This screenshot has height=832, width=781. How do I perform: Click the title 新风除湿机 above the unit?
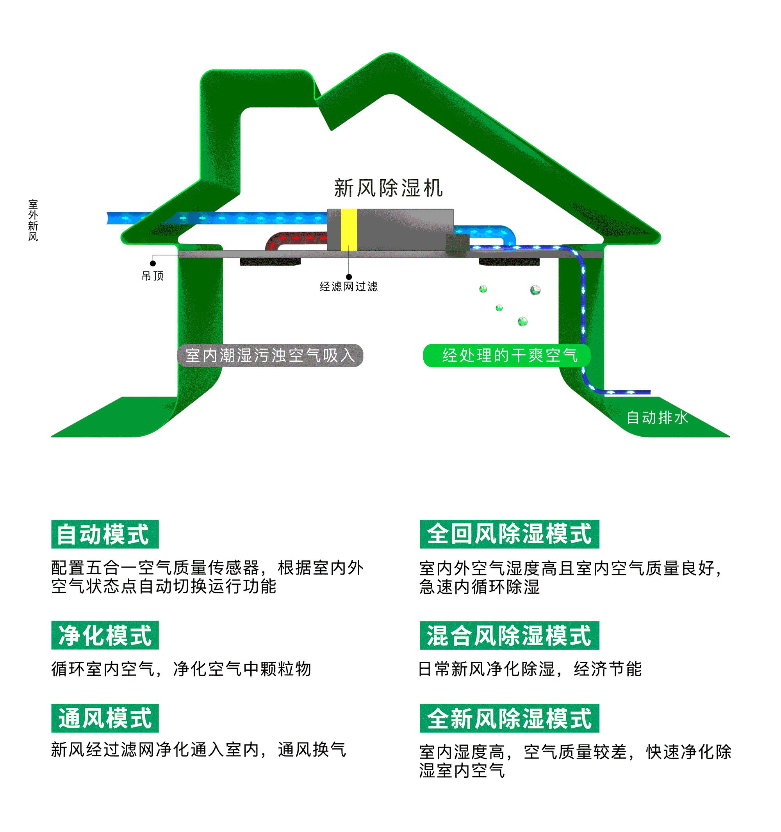(388, 188)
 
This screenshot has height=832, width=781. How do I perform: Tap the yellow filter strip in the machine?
(348, 230)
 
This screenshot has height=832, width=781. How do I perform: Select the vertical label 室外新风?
(33, 220)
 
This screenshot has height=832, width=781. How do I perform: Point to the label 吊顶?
(153, 276)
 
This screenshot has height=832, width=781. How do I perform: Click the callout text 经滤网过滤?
(348, 286)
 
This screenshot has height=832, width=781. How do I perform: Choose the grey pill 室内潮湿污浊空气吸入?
(270, 356)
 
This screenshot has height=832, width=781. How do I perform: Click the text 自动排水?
(657, 417)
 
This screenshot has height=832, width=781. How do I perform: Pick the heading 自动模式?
(105, 534)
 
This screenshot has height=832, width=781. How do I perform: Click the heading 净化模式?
(105, 635)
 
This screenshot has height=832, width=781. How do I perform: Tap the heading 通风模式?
(105, 718)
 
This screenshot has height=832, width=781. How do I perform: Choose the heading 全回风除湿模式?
(509, 534)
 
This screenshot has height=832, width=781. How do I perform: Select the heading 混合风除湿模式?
(509, 635)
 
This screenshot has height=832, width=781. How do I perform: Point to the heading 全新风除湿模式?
(509, 718)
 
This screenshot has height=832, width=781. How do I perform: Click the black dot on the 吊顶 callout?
(153, 264)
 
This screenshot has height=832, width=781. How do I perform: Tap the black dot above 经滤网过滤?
(349, 277)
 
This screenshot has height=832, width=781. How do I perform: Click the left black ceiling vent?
(270, 262)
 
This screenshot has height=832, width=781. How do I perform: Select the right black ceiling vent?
(509, 262)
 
